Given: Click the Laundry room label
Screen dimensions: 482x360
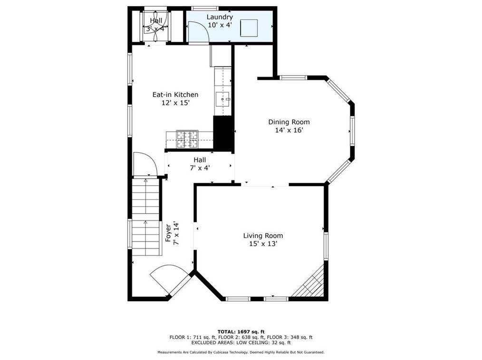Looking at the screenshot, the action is coord(220,17).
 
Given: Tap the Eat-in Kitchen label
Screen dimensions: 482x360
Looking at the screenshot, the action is coord(175,95).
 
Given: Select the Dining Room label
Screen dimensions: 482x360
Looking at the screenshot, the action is coord(289,122).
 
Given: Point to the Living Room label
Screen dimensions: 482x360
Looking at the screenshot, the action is coord(263,236).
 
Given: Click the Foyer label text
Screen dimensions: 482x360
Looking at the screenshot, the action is coord(168,233).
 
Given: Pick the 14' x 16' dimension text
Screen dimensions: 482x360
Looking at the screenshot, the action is coord(289,130).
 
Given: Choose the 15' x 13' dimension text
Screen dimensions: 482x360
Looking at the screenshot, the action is coord(263,244).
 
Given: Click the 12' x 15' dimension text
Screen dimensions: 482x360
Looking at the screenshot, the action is coord(175,103).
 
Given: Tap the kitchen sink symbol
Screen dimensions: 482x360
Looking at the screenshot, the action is coord(223,99).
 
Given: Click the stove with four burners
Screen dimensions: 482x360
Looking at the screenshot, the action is coord(187,139).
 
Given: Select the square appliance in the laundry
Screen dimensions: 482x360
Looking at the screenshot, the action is coord(249,28).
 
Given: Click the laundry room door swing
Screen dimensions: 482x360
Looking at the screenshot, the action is coord(199,33).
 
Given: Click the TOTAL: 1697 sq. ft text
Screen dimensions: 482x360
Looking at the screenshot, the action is coord(241,332).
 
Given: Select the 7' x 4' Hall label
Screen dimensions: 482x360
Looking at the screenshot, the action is coord(200,164).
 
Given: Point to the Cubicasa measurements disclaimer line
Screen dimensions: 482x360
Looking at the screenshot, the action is coord(241,352).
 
